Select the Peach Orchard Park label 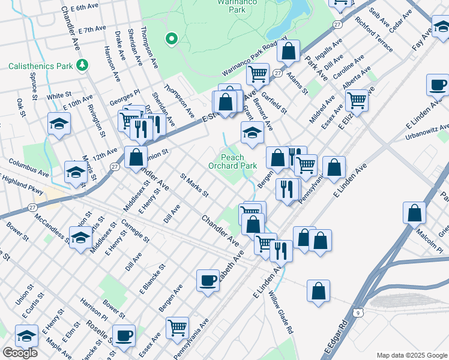234,161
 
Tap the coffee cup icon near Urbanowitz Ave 438,85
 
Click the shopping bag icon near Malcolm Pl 414,212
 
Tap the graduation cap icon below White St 58,124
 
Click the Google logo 20,353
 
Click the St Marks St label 194,185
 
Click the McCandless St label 51,229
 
